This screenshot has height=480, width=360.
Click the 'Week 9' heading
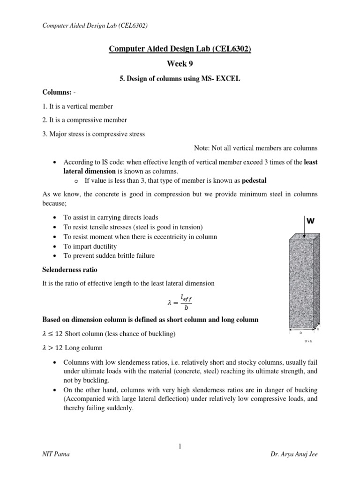click(180, 64)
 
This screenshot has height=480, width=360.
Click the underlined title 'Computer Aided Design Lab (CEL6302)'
click(180, 49)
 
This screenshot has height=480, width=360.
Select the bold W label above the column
click(310, 220)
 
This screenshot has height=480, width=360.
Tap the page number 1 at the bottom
click(180, 447)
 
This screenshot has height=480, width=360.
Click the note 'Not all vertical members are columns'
click(255, 148)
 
